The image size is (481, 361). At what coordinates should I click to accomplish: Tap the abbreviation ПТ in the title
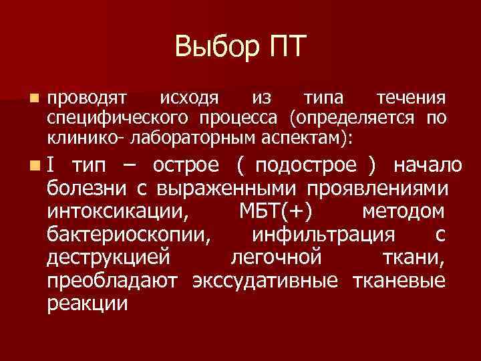(x=285, y=47)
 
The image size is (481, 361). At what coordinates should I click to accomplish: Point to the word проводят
(x=87, y=99)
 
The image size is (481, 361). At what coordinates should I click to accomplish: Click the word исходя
(x=189, y=99)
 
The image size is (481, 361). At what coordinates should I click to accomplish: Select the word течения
(x=410, y=99)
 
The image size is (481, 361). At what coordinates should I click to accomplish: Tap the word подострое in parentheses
(x=308, y=164)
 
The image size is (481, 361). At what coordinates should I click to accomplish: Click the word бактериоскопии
(x=130, y=235)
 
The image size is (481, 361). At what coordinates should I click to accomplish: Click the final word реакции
(x=88, y=304)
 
